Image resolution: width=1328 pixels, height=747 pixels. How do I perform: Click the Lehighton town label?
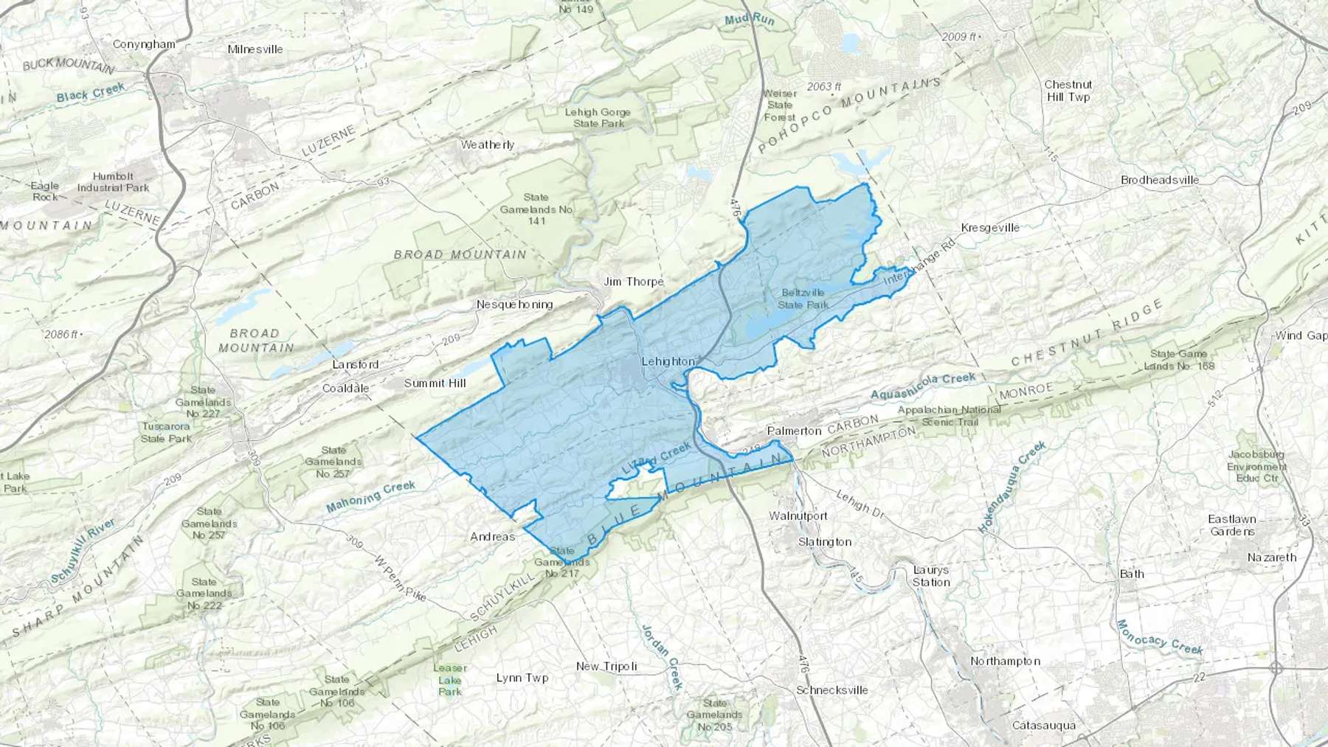point(668,361)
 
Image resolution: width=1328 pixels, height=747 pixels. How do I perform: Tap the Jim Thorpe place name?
point(634,282)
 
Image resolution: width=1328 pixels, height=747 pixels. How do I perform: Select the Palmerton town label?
point(794,431)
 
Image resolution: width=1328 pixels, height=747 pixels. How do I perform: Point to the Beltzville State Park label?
point(803,299)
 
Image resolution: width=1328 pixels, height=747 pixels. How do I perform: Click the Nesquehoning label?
point(514,305)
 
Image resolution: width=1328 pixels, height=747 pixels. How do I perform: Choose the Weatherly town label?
point(488,145)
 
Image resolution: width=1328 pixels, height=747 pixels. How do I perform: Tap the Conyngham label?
point(144,44)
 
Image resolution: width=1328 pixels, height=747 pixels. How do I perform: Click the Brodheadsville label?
point(1160,180)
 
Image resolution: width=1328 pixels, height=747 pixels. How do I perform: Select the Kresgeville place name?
point(990,228)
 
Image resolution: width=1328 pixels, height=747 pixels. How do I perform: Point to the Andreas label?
point(493,537)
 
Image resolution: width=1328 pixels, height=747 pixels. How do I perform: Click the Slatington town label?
point(825,542)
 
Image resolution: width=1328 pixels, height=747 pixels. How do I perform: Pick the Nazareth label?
point(1272,557)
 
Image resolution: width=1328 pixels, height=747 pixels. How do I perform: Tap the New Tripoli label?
point(606,667)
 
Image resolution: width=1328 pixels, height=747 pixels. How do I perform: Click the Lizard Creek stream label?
point(657,458)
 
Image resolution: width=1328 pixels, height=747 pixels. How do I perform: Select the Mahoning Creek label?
point(371,496)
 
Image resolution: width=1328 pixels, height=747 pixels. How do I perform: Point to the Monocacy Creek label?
point(1159,637)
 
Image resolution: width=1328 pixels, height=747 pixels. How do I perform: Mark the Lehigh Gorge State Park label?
point(598,118)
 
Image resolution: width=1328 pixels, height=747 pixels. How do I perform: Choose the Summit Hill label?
point(435,383)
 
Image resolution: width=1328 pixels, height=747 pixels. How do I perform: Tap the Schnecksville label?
point(832,690)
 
